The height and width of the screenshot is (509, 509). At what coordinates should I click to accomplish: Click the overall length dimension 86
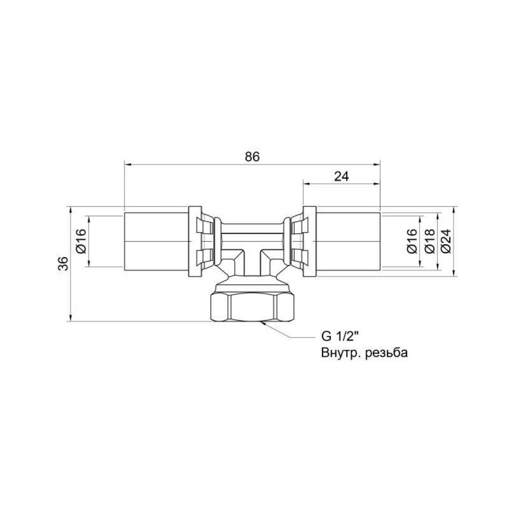252,157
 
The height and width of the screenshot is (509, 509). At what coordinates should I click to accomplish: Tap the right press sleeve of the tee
348,241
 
